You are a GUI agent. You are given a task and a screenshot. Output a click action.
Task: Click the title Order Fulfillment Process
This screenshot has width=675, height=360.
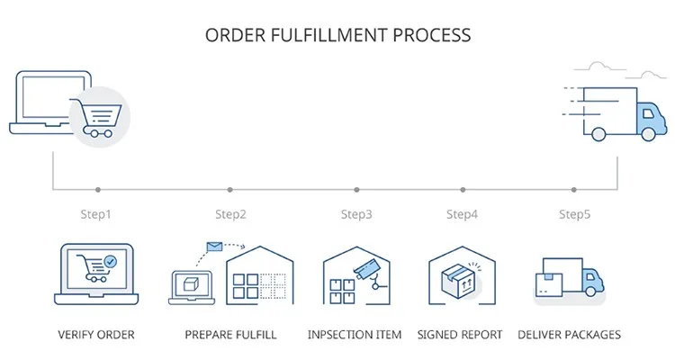(x=337, y=35)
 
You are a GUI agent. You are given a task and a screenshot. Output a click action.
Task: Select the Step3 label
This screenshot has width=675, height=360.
(x=356, y=214)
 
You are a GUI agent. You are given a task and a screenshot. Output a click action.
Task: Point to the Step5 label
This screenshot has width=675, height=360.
(x=575, y=214)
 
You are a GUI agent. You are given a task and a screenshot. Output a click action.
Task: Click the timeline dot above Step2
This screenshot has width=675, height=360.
(x=229, y=190)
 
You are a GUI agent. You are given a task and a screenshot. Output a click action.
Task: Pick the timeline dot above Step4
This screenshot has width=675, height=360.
(x=463, y=190)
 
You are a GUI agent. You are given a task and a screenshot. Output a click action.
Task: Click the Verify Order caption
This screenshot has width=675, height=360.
(x=95, y=335)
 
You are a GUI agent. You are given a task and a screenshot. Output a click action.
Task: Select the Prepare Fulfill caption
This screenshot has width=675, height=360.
(x=230, y=335)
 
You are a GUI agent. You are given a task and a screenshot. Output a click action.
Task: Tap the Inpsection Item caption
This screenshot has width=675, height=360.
(x=355, y=335)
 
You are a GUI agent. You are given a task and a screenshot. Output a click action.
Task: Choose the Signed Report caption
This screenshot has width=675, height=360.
(x=460, y=335)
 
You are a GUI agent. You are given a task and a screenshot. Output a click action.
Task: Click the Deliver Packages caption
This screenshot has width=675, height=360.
(x=570, y=335)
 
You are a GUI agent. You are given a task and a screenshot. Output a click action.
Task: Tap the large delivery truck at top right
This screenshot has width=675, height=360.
(x=621, y=114)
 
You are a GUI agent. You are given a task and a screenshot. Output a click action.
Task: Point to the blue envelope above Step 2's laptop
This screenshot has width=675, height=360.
(x=214, y=245)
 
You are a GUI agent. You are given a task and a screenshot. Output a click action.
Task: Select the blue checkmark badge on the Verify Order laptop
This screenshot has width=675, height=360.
(x=110, y=261)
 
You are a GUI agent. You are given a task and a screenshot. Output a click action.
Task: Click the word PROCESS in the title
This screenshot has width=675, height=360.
(x=428, y=35)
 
